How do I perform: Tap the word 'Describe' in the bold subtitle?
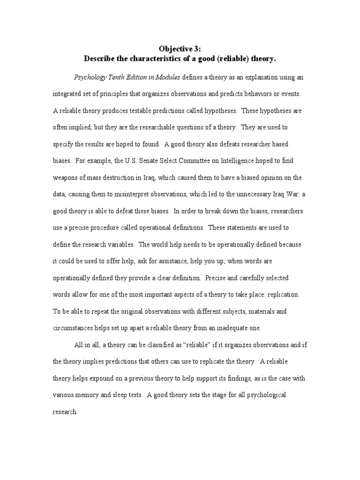point(100,59)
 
